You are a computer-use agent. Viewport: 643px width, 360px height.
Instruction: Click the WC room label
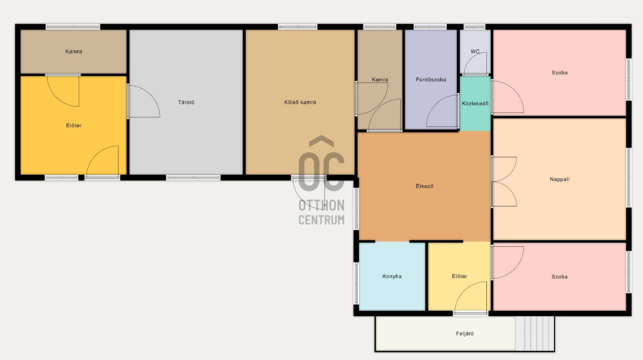tap(475, 51)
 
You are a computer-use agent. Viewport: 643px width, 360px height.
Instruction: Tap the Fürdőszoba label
tap(431, 79)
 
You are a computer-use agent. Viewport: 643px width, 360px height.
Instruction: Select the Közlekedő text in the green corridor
tap(475, 104)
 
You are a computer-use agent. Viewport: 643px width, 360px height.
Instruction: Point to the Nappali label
tap(559, 179)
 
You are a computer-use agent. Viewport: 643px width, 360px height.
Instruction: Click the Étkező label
tap(424, 186)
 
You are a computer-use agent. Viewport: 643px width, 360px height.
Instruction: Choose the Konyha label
tap(392, 277)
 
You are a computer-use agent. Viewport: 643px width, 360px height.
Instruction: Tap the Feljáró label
tap(465, 334)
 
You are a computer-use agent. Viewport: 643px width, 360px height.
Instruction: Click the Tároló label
tap(186, 102)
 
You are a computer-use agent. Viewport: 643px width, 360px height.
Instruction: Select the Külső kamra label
tap(300, 102)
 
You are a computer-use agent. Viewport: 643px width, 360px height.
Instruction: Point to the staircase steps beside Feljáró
tap(534, 333)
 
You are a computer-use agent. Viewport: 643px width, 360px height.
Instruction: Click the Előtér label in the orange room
tap(74, 126)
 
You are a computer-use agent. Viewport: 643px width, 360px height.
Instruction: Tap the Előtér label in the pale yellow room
tap(459, 277)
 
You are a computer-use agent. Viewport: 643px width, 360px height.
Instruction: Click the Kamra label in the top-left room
tap(74, 51)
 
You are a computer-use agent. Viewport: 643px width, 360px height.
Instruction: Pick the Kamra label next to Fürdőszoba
tap(380, 79)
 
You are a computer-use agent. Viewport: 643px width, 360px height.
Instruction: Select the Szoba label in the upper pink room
tap(559, 73)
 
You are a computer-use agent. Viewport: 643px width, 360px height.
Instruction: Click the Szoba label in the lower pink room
tap(559, 277)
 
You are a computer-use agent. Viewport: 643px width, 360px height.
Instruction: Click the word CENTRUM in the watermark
tap(321, 220)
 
